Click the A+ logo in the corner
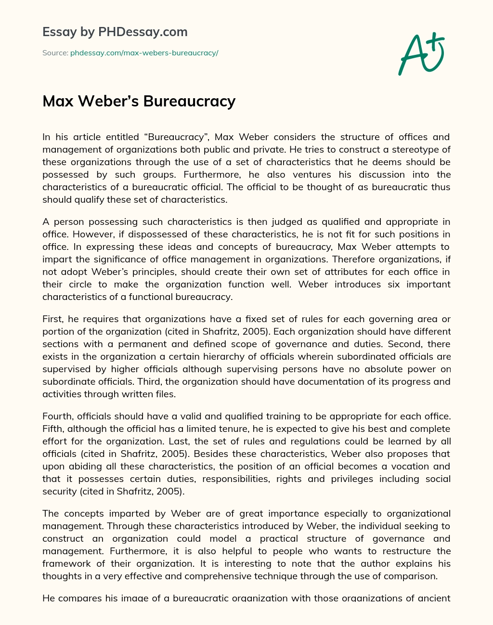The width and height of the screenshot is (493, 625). click(421, 53)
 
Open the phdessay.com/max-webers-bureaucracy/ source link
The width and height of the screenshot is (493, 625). click(144, 53)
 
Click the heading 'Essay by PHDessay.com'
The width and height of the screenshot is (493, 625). click(115, 32)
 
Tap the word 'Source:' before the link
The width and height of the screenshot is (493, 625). click(55, 53)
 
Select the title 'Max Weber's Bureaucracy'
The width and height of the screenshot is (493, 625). click(139, 101)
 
